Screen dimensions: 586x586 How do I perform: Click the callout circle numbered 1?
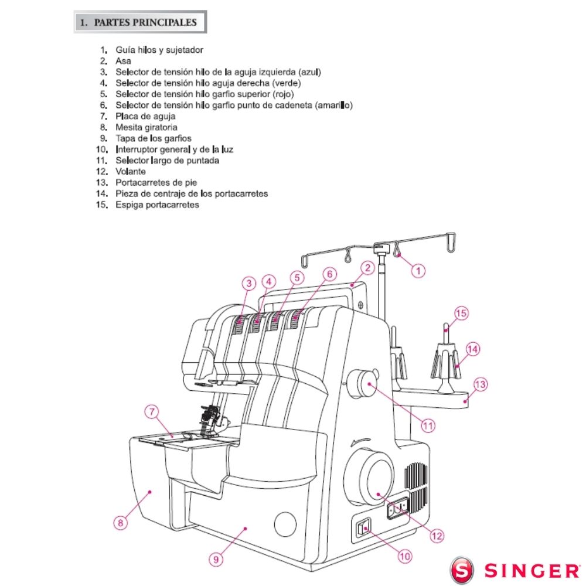click(418, 270)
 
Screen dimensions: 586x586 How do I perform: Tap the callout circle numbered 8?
click(120, 523)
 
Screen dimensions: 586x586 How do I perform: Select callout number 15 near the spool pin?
click(461, 314)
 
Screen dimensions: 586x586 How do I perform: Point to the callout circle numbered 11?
click(428, 425)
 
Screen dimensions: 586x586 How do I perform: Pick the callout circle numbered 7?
click(152, 413)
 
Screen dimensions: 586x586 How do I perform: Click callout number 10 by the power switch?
click(405, 556)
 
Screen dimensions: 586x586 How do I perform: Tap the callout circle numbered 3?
click(250, 283)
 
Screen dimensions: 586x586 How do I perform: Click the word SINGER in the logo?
click(530, 570)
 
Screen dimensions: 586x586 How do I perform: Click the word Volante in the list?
click(131, 172)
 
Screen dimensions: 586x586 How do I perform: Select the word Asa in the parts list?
click(123, 61)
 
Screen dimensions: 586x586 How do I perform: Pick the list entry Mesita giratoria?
click(146, 127)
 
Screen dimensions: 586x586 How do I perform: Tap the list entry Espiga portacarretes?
click(157, 205)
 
